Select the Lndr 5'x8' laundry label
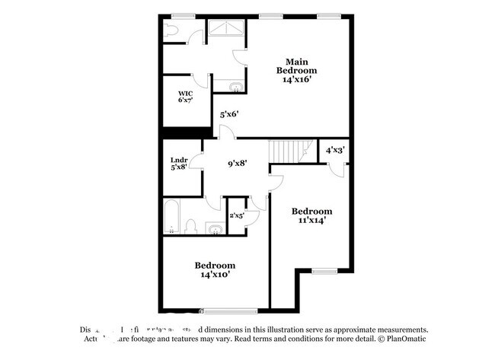[x=179, y=164]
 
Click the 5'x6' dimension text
[x=229, y=115]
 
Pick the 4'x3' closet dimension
[x=335, y=151]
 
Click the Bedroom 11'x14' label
[x=312, y=216]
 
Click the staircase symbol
[x=293, y=151]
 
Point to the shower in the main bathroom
[x=226, y=27]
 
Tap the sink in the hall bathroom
[x=216, y=230]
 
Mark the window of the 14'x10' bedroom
[x=225, y=310]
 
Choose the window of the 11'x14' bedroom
[x=324, y=270]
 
